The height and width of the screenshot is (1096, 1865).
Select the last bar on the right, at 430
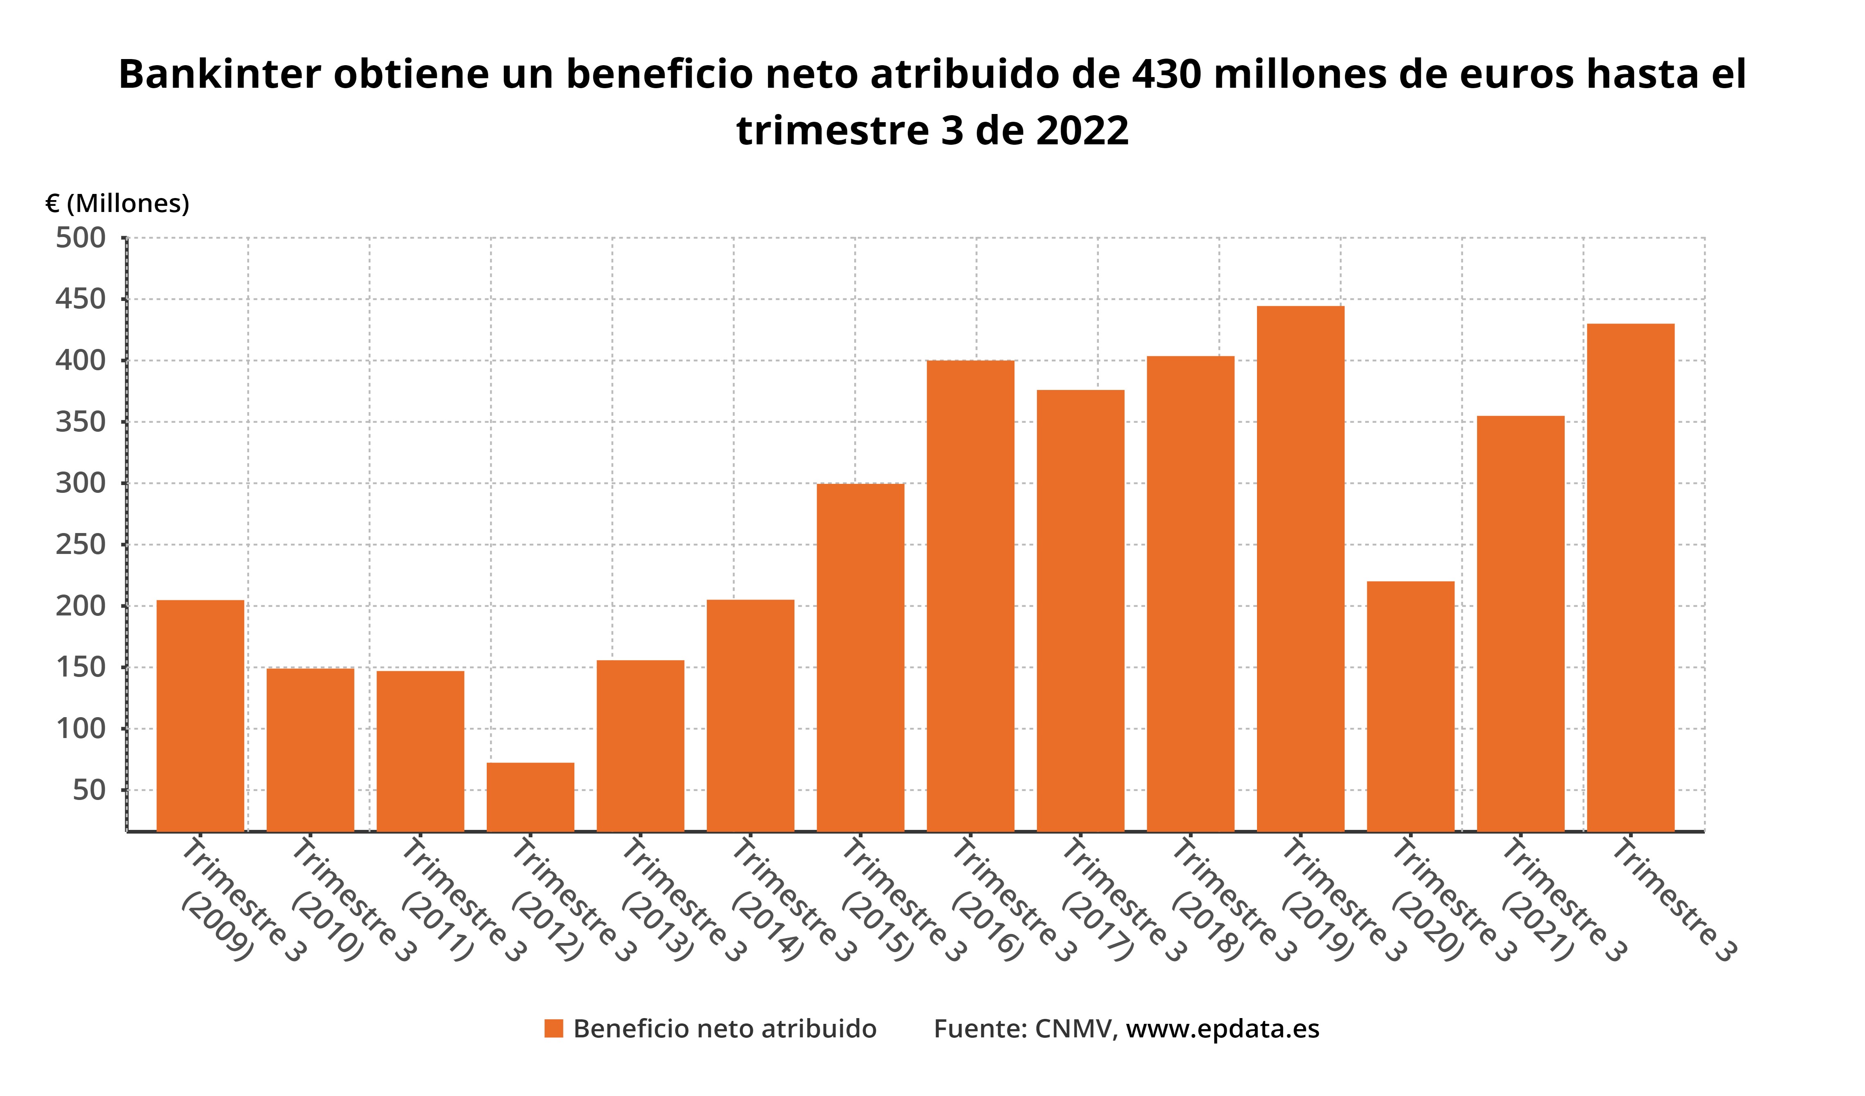tap(1630, 578)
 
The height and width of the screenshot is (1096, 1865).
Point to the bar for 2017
tap(1080, 611)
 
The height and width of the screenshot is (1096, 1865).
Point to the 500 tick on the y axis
tap(81, 239)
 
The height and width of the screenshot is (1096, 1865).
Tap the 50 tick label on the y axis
tap(89, 790)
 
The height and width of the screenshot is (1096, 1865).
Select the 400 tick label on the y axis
tap(81, 361)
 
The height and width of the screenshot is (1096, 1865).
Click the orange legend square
tap(554, 1029)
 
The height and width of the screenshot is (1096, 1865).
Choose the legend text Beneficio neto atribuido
tap(724, 1029)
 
